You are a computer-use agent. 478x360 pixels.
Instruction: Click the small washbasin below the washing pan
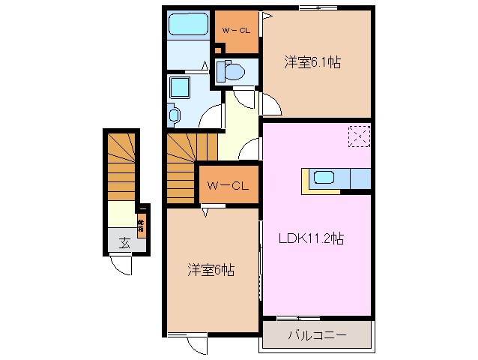point(175,115)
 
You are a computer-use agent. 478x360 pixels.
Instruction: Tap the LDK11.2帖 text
point(312,239)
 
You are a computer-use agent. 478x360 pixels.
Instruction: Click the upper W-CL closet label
point(237,31)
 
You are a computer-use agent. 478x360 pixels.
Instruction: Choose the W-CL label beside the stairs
point(229,185)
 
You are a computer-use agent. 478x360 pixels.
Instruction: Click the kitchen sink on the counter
point(324,178)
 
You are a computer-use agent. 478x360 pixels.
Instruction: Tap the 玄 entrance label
point(123,242)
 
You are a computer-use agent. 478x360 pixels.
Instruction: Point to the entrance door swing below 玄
point(119,264)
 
